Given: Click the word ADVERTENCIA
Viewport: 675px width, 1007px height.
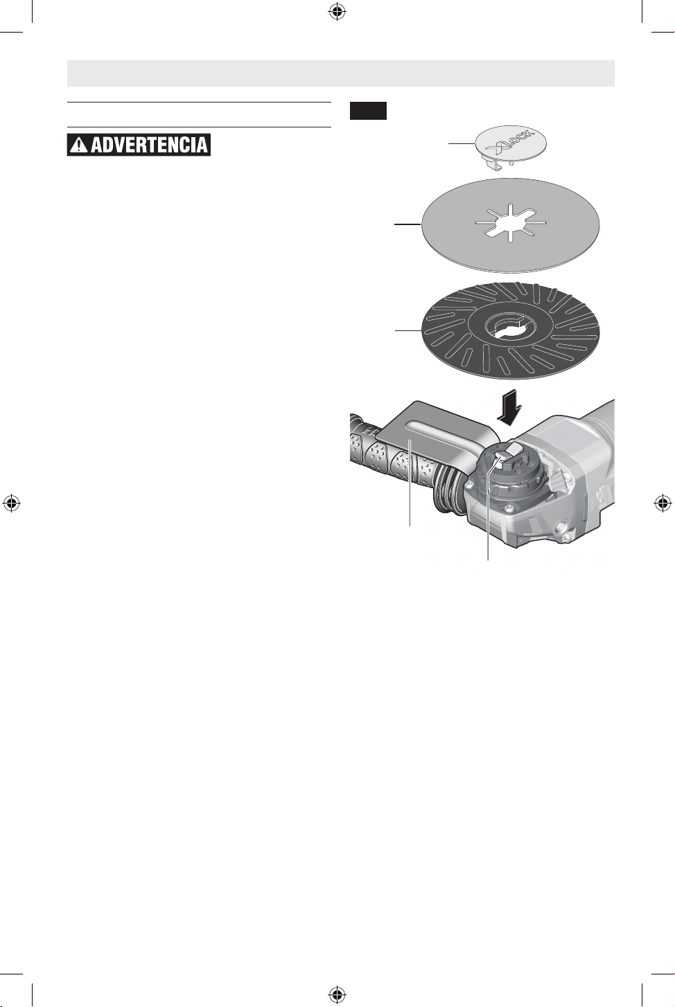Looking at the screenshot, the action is tap(149, 145).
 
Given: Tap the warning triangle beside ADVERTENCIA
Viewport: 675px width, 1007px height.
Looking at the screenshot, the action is tap(80, 145).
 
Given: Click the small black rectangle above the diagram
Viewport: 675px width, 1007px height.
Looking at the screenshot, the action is tap(368, 111).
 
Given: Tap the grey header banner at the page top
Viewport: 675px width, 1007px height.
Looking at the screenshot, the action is tap(341, 73).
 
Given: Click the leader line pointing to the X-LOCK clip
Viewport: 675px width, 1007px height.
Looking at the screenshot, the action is tap(462, 143).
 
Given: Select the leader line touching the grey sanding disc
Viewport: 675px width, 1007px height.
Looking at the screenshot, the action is tap(407, 224).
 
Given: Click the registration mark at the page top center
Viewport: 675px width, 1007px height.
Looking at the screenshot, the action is tap(336, 12).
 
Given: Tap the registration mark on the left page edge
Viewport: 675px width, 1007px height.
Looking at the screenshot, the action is tap(12, 503).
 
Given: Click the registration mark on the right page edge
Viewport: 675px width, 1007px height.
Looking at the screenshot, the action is tap(663, 503).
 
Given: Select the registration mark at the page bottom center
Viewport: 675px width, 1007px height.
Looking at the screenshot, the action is tap(336, 993).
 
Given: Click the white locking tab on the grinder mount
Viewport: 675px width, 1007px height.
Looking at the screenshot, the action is tap(507, 453).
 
